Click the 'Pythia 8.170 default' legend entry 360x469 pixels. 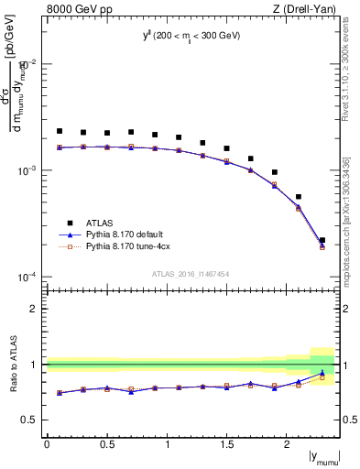[125, 234]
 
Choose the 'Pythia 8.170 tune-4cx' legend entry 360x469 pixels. [127, 246]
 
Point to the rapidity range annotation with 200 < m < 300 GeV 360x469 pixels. [191, 36]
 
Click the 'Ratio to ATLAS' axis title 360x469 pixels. [14, 364]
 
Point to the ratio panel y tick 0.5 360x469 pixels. [29, 420]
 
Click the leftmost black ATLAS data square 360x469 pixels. [60, 131]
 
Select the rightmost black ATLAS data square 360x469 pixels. [322, 240]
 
